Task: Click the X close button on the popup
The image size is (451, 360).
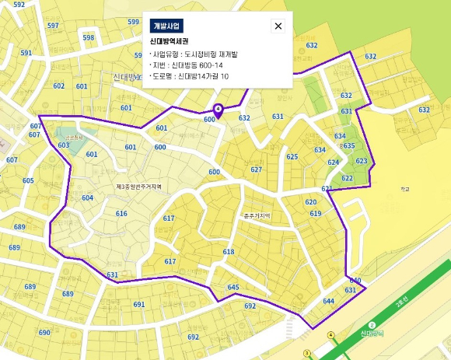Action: (x=278, y=26)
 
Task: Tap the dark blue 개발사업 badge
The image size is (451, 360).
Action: (x=166, y=26)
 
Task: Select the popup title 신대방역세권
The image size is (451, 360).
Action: (x=170, y=40)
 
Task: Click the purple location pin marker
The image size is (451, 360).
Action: (x=218, y=110)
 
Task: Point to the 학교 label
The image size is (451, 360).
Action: (x=404, y=188)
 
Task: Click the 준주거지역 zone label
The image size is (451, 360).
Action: (x=256, y=215)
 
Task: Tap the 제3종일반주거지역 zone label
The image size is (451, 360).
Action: (x=138, y=187)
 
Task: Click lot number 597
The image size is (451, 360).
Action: (x=53, y=26)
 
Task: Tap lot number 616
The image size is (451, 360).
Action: (x=121, y=213)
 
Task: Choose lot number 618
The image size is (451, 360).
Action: (x=228, y=252)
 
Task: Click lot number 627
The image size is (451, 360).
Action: (x=256, y=169)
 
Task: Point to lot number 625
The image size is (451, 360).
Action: (x=292, y=157)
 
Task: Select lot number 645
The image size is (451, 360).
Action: (x=232, y=288)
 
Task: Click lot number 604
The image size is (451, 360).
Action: (x=87, y=197)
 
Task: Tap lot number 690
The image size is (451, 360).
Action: (x=44, y=333)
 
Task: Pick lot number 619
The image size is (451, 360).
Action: (x=315, y=214)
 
